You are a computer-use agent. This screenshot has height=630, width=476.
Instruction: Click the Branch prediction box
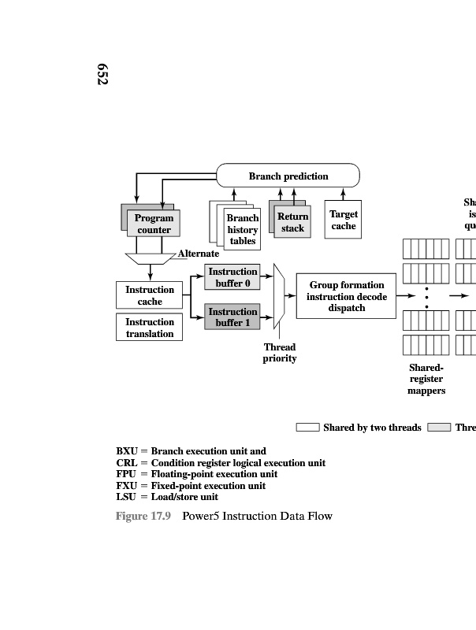(x=288, y=176)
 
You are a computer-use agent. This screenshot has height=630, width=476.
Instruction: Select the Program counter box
(x=154, y=224)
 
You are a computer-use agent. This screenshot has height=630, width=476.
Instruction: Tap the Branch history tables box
(x=242, y=229)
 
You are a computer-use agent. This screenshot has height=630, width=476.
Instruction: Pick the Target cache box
(x=343, y=220)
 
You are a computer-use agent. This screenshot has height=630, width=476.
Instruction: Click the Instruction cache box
(x=150, y=295)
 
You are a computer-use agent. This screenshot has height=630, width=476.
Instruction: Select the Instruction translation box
(x=150, y=328)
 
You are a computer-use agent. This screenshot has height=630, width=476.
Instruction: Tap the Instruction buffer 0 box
(x=232, y=277)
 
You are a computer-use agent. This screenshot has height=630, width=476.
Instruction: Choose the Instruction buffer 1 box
(x=232, y=317)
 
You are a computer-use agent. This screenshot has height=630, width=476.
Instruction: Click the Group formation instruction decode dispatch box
(x=346, y=296)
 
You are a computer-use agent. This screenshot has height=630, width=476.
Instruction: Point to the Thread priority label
(x=280, y=353)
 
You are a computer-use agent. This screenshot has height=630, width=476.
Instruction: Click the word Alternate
(x=199, y=254)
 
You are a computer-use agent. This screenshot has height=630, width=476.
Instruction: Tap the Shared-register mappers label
(x=426, y=379)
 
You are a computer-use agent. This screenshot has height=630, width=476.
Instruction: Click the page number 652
(x=102, y=74)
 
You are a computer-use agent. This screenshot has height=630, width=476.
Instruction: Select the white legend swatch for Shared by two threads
(x=307, y=428)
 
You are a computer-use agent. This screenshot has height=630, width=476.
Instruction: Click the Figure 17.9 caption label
(x=143, y=516)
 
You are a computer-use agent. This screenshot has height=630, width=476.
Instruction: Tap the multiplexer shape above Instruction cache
(x=149, y=258)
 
